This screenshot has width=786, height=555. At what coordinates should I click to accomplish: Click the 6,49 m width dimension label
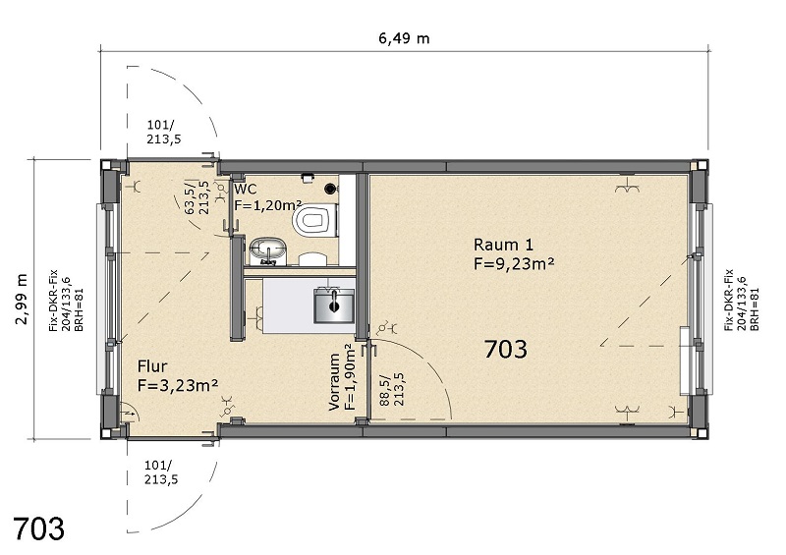(x=404, y=38)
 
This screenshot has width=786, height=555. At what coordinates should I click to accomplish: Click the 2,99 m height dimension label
(x=21, y=300)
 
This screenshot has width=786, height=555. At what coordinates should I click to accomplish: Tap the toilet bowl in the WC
(x=315, y=220)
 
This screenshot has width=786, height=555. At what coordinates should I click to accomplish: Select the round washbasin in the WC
(x=267, y=250)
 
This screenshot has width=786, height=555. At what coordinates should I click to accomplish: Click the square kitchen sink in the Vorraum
(x=334, y=305)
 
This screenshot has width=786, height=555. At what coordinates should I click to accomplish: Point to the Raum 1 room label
(x=503, y=245)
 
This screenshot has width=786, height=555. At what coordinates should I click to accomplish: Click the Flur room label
(x=152, y=366)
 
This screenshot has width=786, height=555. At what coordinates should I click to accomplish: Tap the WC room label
(x=246, y=190)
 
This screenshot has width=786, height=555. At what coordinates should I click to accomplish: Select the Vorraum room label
(x=334, y=382)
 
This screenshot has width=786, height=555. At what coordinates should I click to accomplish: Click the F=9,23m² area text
(x=514, y=263)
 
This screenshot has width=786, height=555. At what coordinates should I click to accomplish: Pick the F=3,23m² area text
(x=178, y=385)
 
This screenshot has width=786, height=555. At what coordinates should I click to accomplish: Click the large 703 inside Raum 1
(x=506, y=349)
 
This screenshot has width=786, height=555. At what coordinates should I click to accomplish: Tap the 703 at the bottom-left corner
(x=38, y=527)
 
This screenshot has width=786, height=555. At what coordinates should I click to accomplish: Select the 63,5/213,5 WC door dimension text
(x=197, y=197)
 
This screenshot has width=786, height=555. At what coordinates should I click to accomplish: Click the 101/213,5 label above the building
(x=164, y=132)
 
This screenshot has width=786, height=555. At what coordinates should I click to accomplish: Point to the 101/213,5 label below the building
(x=161, y=472)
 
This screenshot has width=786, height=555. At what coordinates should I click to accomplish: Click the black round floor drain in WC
(x=330, y=189)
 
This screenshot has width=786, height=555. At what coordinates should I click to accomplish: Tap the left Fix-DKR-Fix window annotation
(x=66, y=301)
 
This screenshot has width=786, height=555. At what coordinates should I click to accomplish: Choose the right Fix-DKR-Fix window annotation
(x=742, y=301)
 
